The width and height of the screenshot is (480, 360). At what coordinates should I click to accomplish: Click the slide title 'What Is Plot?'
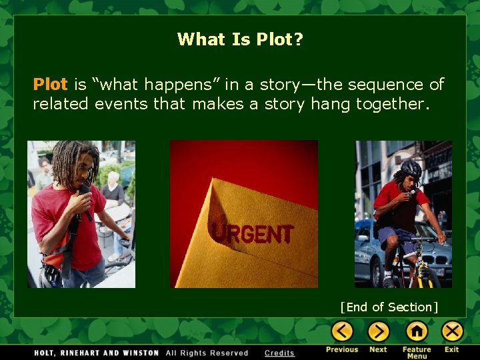point(240,39)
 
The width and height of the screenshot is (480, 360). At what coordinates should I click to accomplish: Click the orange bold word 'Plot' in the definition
point(50,85)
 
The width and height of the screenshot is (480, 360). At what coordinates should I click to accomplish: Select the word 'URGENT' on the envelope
point(251,233)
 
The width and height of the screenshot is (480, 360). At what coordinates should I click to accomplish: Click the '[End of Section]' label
point(389,307)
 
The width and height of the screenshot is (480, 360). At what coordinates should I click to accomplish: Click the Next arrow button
point(378,331)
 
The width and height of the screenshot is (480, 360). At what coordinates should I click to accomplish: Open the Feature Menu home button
point(417,331)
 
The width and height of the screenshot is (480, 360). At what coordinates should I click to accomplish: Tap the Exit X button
point(452,331)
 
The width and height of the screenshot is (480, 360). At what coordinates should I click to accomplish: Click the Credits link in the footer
point(279,353)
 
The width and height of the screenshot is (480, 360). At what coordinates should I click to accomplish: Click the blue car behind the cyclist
point(370,257)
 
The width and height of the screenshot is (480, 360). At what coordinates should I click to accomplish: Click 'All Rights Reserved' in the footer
point(207,353)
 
